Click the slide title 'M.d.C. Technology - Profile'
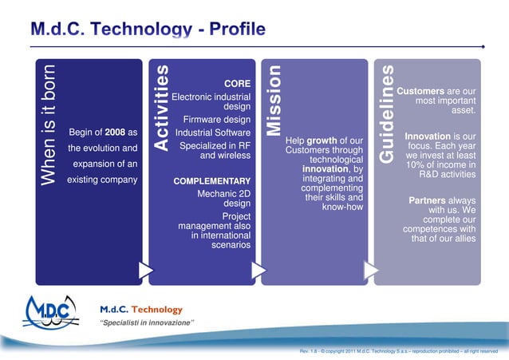click(x=148, y=30)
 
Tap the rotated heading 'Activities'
click(x=161, y=109)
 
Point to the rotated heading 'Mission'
click(x=274, y=101)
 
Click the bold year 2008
click(x=115, y=132)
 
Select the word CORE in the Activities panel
click(x=238, y=83)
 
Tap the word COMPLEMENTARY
click(x=211, y=181)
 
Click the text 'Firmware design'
click(x=217, y=120)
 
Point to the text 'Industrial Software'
click(x=213, y=133)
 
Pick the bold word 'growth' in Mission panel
click(x=322, y=140)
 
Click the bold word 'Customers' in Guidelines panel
click(x=420, y=91)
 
